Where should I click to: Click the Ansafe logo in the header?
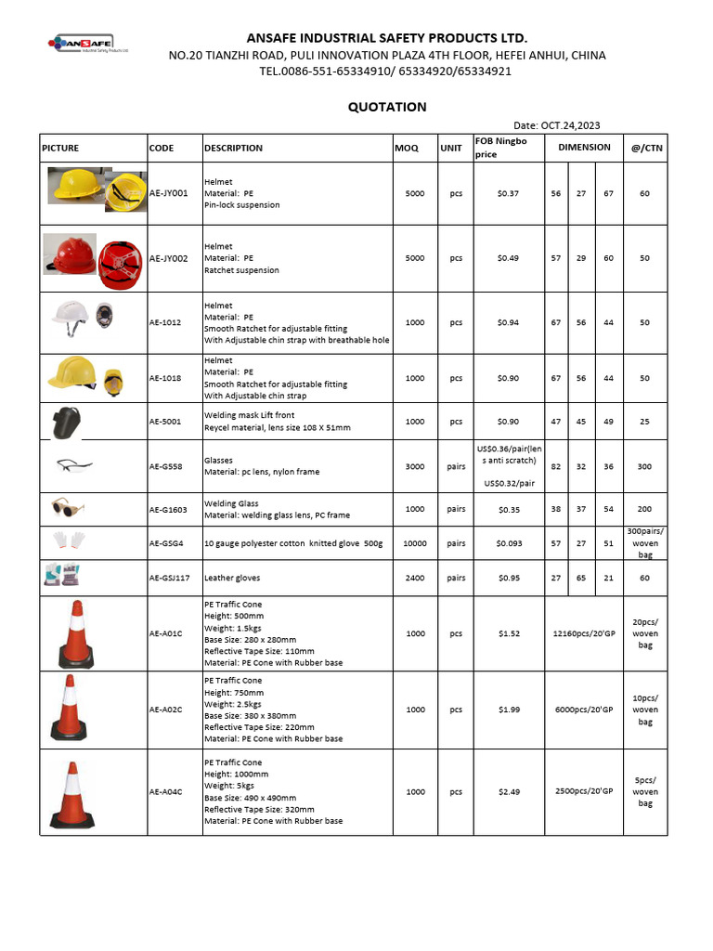point(89,43)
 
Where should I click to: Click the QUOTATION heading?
point(387,107)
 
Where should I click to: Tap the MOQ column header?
point(406,148)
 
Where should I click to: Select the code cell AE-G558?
point(166,466)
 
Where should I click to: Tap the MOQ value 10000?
point(414,543)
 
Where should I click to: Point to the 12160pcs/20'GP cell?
point(584,633)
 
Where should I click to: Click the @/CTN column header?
point(644,148)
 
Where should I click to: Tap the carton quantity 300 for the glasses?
point(644,466)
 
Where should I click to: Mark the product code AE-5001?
point(166,422)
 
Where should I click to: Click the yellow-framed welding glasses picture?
point(68,507)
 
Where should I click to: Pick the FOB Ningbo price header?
point(500,148)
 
